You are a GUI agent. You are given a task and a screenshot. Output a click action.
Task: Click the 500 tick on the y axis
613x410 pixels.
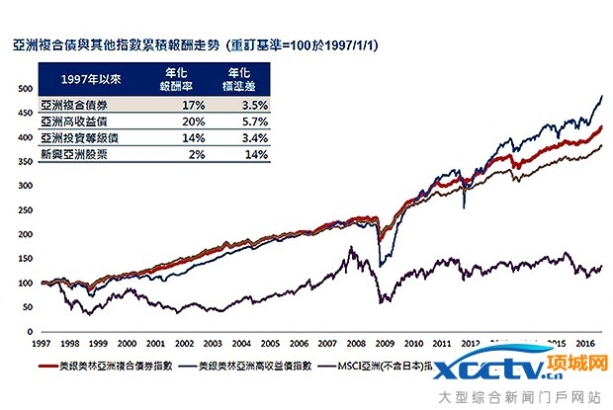coord(22,89)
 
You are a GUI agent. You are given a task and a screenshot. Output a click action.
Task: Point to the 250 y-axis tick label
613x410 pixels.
coord(22,210)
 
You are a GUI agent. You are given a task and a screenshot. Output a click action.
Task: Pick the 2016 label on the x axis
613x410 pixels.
coord(583,343)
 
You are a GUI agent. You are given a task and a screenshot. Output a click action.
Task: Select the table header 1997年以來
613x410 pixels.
coord(76,79)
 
